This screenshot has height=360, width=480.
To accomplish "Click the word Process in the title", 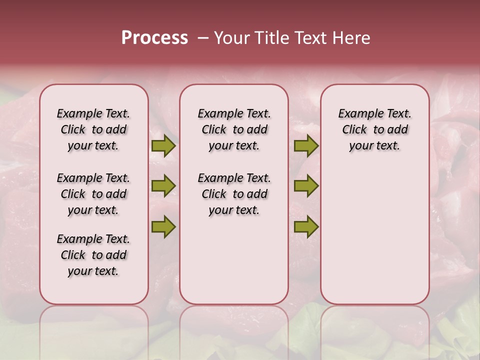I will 154,38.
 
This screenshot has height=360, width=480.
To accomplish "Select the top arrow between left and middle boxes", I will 163,146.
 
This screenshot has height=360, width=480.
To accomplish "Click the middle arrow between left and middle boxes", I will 163,186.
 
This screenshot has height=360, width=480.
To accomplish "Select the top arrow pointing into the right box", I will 306,146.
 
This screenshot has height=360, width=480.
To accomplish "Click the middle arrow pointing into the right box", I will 306,186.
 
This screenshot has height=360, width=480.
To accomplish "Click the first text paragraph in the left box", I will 93,129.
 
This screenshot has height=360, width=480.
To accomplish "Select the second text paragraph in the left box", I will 93,194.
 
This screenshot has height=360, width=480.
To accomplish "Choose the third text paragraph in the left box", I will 93,255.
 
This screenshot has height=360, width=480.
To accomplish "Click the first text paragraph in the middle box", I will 234,129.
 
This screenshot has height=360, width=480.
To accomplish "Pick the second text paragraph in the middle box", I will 234,194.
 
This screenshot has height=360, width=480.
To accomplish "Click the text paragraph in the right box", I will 374,129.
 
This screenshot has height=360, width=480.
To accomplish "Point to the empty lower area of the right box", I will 374,235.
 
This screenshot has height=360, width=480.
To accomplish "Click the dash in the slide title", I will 203,38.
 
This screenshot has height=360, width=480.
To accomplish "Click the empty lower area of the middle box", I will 234,260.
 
